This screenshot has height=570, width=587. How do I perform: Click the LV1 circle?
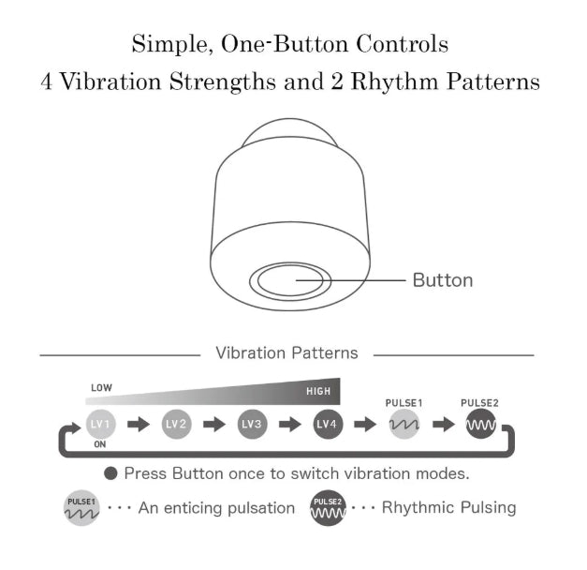(x=100, y=424)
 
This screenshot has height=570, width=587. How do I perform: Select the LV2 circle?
(x=176, y=424)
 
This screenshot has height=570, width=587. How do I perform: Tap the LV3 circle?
(x=252, y=424)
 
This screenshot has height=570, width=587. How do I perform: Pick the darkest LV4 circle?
(x=328, y=424)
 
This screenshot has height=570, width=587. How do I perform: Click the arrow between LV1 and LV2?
(x=139, y=425)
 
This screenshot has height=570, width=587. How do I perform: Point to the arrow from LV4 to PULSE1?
(x=365, y=425)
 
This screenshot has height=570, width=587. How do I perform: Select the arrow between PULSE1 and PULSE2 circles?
(x=444, y=425)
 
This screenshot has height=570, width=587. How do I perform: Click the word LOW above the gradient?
(x=101, y=388)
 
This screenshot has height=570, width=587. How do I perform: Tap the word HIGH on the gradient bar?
(x=318, y=392)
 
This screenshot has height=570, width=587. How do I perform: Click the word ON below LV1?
(x=100, y=444)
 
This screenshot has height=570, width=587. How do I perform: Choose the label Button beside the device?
(x=443, y=280)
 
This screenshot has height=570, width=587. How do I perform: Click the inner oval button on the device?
(x=290, y=280)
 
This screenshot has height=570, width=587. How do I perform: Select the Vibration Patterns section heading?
(x=286, y=352)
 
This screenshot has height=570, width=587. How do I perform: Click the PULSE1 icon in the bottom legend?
(x=81, y=508)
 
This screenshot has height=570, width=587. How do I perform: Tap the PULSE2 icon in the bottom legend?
(x=328, y=508)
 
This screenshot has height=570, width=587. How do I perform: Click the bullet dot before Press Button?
(x=110, y=473)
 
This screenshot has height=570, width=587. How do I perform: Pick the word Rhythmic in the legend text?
(x=418, y=508)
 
